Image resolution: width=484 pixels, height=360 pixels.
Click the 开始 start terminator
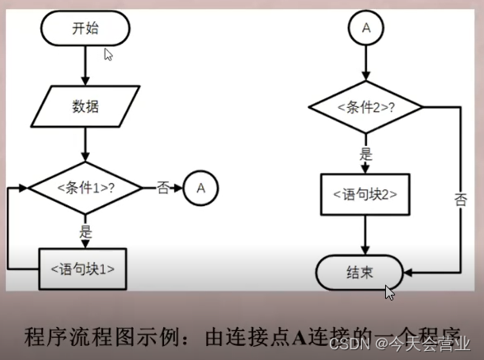pyautogui.click(x=84, y=28)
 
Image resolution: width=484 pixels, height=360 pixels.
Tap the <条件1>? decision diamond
pyautogui.click(x=85, y=187)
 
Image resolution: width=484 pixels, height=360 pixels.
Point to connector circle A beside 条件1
pyautogui.click(x=200, y=188)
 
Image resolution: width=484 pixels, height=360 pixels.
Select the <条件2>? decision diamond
pyautogui.click(x=364, y=107)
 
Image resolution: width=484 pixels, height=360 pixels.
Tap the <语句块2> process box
pyautogui.click(x=364, y=195)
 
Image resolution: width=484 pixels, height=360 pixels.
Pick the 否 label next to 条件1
pyautogui.click(x=162, y=187)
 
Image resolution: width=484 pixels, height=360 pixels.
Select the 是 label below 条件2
pyautogui.click(x=364, y=154)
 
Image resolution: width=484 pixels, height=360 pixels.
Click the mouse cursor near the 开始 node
pyautogui.click(x=108, y=54)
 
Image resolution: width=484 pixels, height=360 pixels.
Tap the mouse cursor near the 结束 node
pyautogui.click(x=390, y=292)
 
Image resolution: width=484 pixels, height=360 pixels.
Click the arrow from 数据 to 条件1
pyautogui.click(x=85, y=144)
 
